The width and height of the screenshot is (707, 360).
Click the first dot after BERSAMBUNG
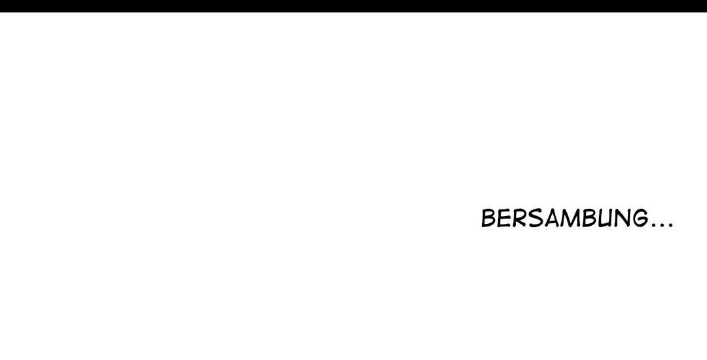coord(653,226)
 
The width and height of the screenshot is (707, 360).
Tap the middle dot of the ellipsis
coord(661,226)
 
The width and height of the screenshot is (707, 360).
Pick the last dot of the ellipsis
coord(669,226)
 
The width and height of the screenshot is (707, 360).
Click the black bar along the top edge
coord(353,6)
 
